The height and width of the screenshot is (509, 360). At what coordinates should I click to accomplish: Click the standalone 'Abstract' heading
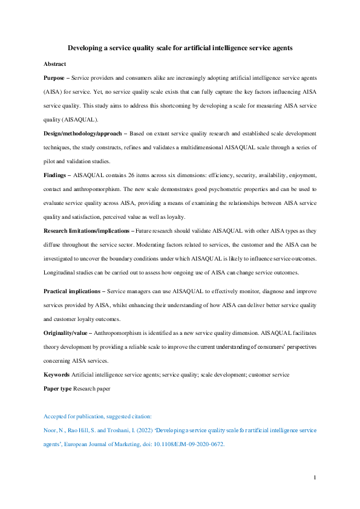click(54, 63)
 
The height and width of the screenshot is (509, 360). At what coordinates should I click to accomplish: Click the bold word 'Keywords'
click(56, 375)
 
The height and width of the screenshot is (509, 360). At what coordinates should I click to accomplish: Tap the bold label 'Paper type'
click(57, 388)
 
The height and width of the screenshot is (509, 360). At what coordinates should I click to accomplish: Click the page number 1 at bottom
click(315, 478)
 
